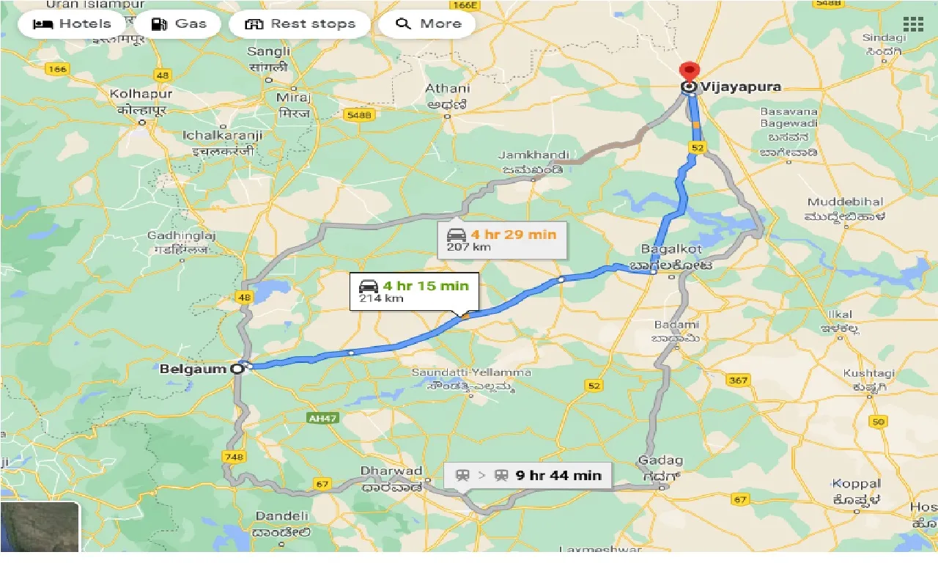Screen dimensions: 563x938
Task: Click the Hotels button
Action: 73,23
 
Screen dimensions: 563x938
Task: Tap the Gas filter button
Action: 179,23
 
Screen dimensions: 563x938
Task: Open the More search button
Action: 427,23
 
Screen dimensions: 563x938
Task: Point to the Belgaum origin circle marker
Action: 237,369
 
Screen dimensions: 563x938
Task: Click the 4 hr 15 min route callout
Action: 413,291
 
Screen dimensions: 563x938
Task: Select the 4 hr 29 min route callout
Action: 502,240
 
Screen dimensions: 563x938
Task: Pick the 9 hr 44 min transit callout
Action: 528,475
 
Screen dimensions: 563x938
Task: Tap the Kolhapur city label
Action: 141,94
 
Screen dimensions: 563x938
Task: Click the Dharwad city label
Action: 391,471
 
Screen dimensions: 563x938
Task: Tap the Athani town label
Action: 448,89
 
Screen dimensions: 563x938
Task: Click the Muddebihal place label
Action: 845,202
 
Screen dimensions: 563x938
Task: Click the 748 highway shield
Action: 234,457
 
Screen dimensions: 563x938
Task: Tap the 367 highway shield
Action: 738,380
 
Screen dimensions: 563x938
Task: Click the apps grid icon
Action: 913,23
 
